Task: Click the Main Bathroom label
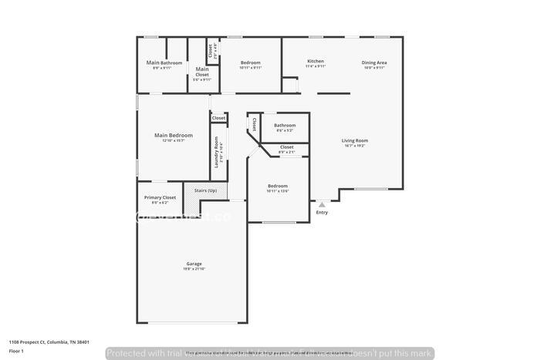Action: [164, 62]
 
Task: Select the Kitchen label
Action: [316, 61]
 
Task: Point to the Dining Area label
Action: [374, 62]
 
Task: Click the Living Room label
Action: [355, 140]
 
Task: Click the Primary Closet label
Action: [160, 197]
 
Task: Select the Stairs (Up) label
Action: [205, 190]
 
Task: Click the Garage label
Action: [194, 263]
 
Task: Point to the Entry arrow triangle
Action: [322, 205]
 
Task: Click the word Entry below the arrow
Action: [322, 213]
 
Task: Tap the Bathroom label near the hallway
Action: [285, 125]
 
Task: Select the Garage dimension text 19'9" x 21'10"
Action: [194, 268]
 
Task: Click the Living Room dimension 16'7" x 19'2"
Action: [355, 146]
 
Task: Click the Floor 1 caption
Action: [16, 352]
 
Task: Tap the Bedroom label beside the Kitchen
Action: [251, 62]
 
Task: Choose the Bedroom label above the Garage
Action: [278, 186]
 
